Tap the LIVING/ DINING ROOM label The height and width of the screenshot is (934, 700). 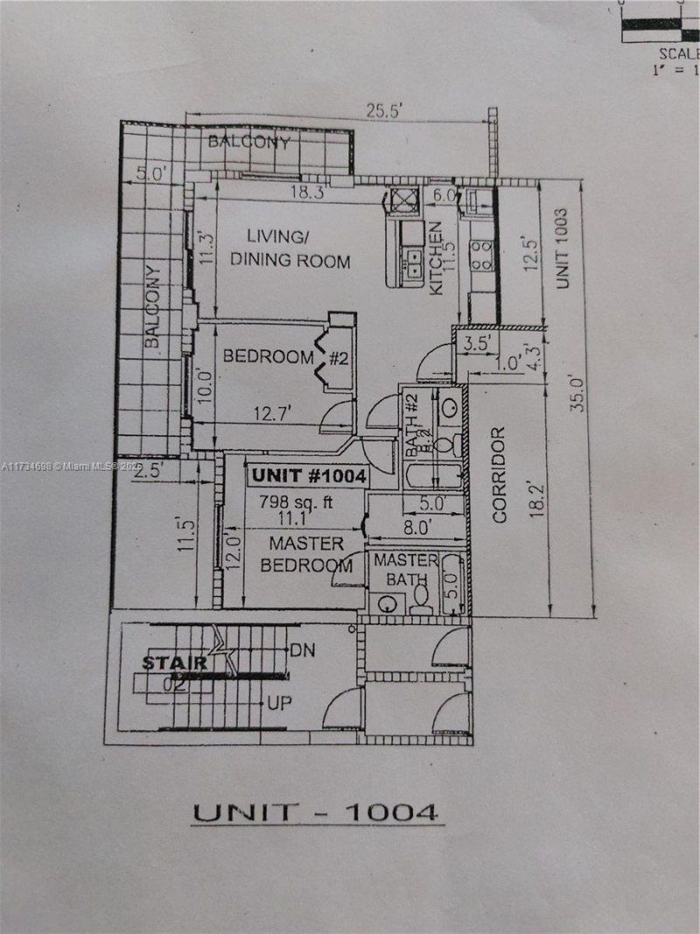(x=285, y=249)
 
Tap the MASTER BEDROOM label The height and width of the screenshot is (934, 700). (x=294, y=555)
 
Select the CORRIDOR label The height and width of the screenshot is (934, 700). (x=500, y=474)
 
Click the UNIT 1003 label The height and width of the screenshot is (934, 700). (x=563, y=248)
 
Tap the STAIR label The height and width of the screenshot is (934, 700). (x=176, y=663)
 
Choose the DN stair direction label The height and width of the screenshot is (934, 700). (x=302, y=650)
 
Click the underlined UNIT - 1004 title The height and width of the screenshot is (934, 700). (x=315, y=811)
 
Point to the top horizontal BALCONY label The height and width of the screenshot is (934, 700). (x=248, y=142)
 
